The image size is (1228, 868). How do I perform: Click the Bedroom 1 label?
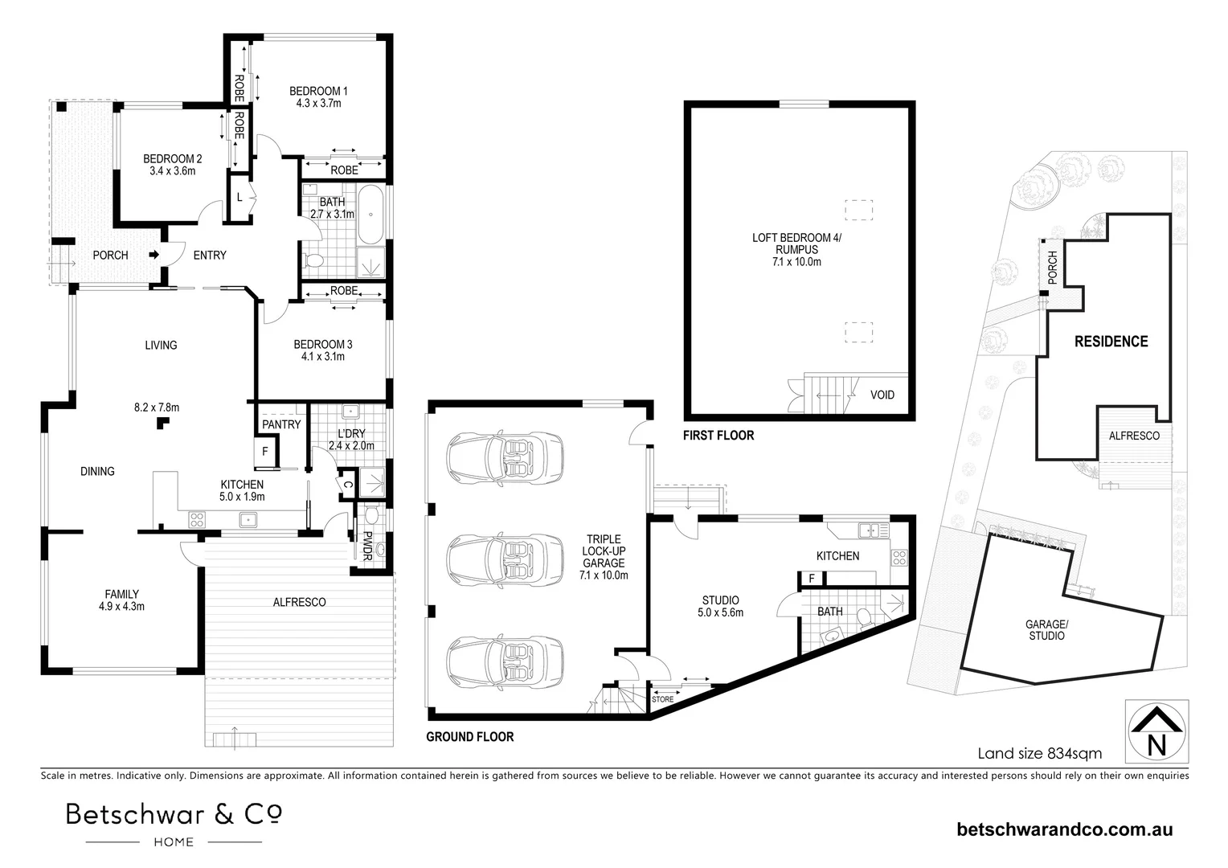click(x=318, y=96)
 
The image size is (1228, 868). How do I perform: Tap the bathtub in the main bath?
click(x=370, y=215)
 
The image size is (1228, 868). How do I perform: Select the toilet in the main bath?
click(x=314, y=260)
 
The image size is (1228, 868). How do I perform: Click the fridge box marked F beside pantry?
click(x=264, y=452)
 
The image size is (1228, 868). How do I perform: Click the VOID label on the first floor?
click(x=882, y=395)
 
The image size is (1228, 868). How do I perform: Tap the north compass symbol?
click(x=1156, y=731)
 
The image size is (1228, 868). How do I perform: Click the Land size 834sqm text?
click(x=1039, y=754)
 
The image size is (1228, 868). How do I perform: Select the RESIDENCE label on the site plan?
click(x=1111, y=342)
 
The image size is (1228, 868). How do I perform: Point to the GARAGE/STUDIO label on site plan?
click(x=1046, y=630)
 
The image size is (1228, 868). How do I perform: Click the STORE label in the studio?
click(x=662, y=699)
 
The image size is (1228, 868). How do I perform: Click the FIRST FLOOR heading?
click(x=718, y=436)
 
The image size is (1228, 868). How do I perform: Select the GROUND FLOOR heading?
click(x=469, y=736)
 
